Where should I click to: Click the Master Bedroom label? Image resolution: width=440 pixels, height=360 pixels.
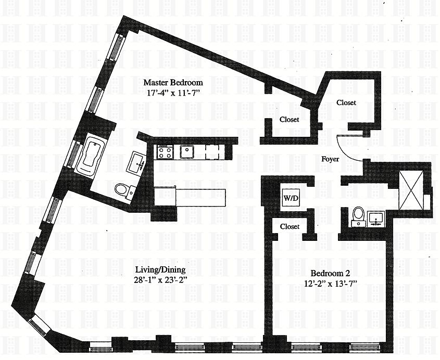[x=173, y=82]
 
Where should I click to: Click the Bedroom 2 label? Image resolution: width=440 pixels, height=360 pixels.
[x=330, y=273]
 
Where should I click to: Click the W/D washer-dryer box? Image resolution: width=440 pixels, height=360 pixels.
[x=290, y=198]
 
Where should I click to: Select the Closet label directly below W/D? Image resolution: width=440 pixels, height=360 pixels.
[x=290, y=227]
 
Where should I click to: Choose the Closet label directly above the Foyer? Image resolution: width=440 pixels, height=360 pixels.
[x=346, y=102]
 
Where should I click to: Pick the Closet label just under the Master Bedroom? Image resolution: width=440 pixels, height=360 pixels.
[x=289, y=120]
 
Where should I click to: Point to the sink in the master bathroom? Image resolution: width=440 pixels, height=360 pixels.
[x=139, y=162]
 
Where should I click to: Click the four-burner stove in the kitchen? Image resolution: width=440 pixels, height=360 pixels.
[x=165, y=152]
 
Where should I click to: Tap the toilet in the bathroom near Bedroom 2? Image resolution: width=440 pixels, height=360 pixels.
[x=358, y=215]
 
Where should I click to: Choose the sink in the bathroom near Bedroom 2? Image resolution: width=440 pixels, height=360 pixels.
[x=375, y=217]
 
